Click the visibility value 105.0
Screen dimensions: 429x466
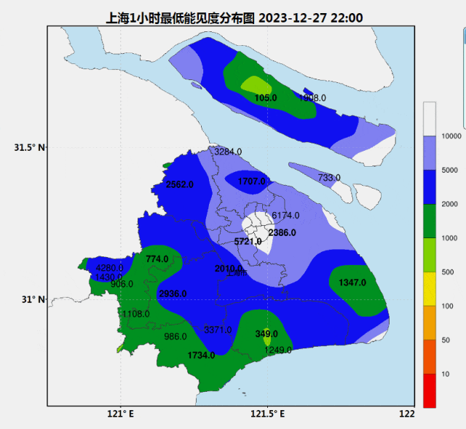coord(266,98)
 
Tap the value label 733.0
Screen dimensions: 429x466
coord(329,178)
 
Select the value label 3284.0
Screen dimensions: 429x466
coord(228,151)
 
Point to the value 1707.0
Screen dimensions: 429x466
coord(250,181)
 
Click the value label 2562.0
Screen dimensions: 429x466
coord(179,184)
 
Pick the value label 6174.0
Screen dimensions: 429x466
coord(285,216)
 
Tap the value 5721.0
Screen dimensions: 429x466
coord(248,241)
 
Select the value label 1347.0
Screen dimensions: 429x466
coord(352,282)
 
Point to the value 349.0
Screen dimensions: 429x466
coord(266,334)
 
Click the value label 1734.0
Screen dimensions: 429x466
coord(201,355)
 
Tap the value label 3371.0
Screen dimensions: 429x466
coord(218,330)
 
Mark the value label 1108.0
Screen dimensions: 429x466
coord(136,314)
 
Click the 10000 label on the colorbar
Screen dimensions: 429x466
coord(451,136)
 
